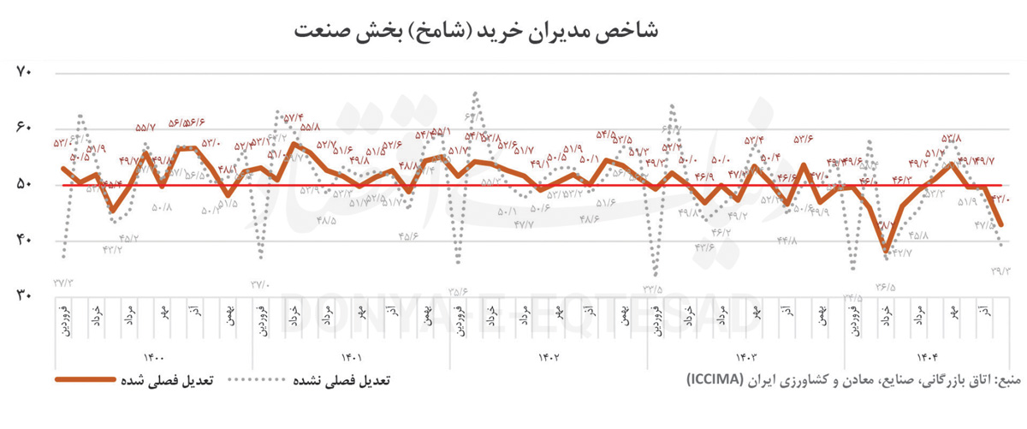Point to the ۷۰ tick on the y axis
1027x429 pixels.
pyautogui.click(x=24, y=73)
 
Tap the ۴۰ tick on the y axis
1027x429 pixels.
pyautogui.click(x=24, y=241)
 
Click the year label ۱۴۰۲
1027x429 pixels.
pyautogui.click(x=548, y=358)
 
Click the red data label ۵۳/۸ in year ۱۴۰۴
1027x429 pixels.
pyautogui.click(x=951, y=138)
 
